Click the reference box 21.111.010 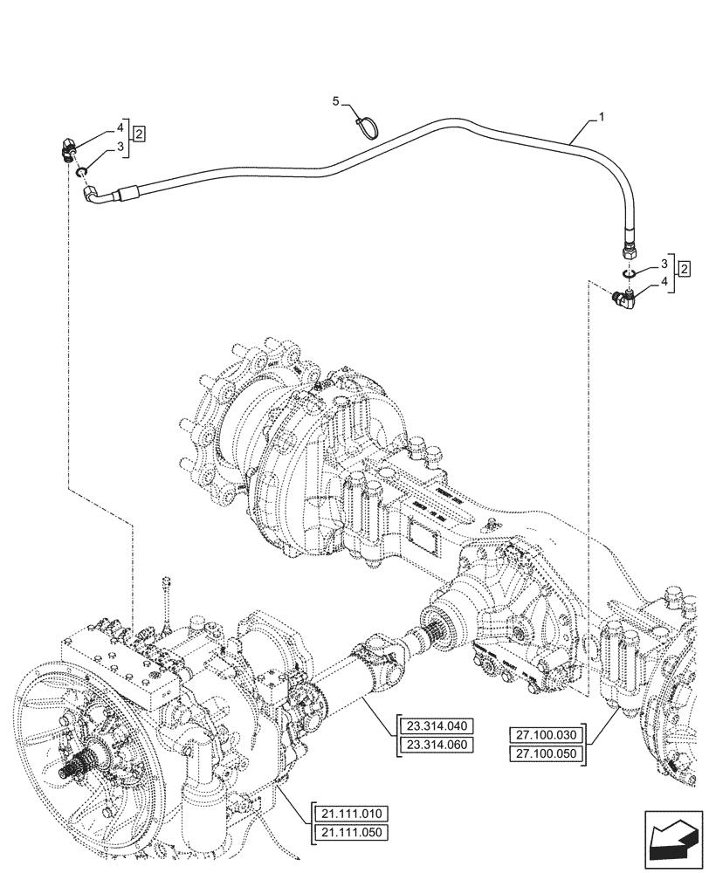tap(349, 815)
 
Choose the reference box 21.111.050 tap(349, 832)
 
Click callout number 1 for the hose tap(601, 115)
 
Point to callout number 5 tap(335, 104)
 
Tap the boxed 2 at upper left tap(140, 133)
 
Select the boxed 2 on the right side tap(684, 270)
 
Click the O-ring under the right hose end tap(627, 274)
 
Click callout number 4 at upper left tap(120, 127)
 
